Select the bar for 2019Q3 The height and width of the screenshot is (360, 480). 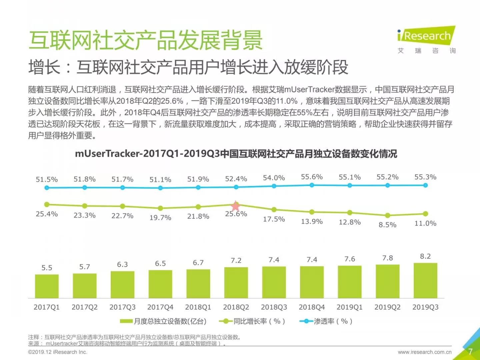(425, 280)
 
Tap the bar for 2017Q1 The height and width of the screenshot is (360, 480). (47, 286)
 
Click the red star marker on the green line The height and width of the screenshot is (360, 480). (236, 206)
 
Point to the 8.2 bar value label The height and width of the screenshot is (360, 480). (425, 256)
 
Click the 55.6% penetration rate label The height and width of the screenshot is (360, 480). (312, 177)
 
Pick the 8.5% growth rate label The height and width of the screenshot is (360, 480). (387, 225)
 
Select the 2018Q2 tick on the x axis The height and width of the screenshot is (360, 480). (236, 307)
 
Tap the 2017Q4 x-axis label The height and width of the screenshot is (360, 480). (160, 307)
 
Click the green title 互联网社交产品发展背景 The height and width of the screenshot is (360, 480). (146, 40)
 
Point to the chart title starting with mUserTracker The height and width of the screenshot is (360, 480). (236, 154)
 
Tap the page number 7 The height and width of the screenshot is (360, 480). (470, 351)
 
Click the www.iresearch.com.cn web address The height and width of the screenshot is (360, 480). (424, 352)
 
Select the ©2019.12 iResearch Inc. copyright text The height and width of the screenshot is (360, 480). (58, 352)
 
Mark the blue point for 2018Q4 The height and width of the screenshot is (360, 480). (312, 185)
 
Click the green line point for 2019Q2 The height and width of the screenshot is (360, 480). (387, 215)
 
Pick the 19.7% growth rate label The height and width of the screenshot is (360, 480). (160, 218)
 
